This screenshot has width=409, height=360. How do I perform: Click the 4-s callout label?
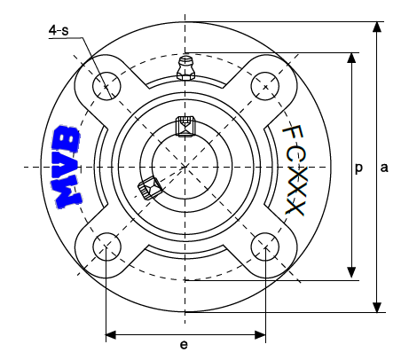click(x=59, y=30)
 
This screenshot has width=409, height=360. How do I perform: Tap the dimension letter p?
click(x=358, y=168)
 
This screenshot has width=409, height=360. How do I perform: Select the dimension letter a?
click(x=384, y=168)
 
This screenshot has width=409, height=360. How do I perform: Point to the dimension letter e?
click(x=184, y=345)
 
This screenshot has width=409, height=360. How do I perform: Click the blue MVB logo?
click(x=67, y=167)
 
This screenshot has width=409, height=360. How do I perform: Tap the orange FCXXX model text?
click(x=294, y=170)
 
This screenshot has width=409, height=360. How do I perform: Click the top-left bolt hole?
click(x=106, y=86)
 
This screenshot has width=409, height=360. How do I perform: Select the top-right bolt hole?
click(x=265, y=86)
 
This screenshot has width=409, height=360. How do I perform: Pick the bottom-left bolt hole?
click(x=106, y=247)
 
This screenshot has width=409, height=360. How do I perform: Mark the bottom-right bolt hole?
click(x=265, y=247)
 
